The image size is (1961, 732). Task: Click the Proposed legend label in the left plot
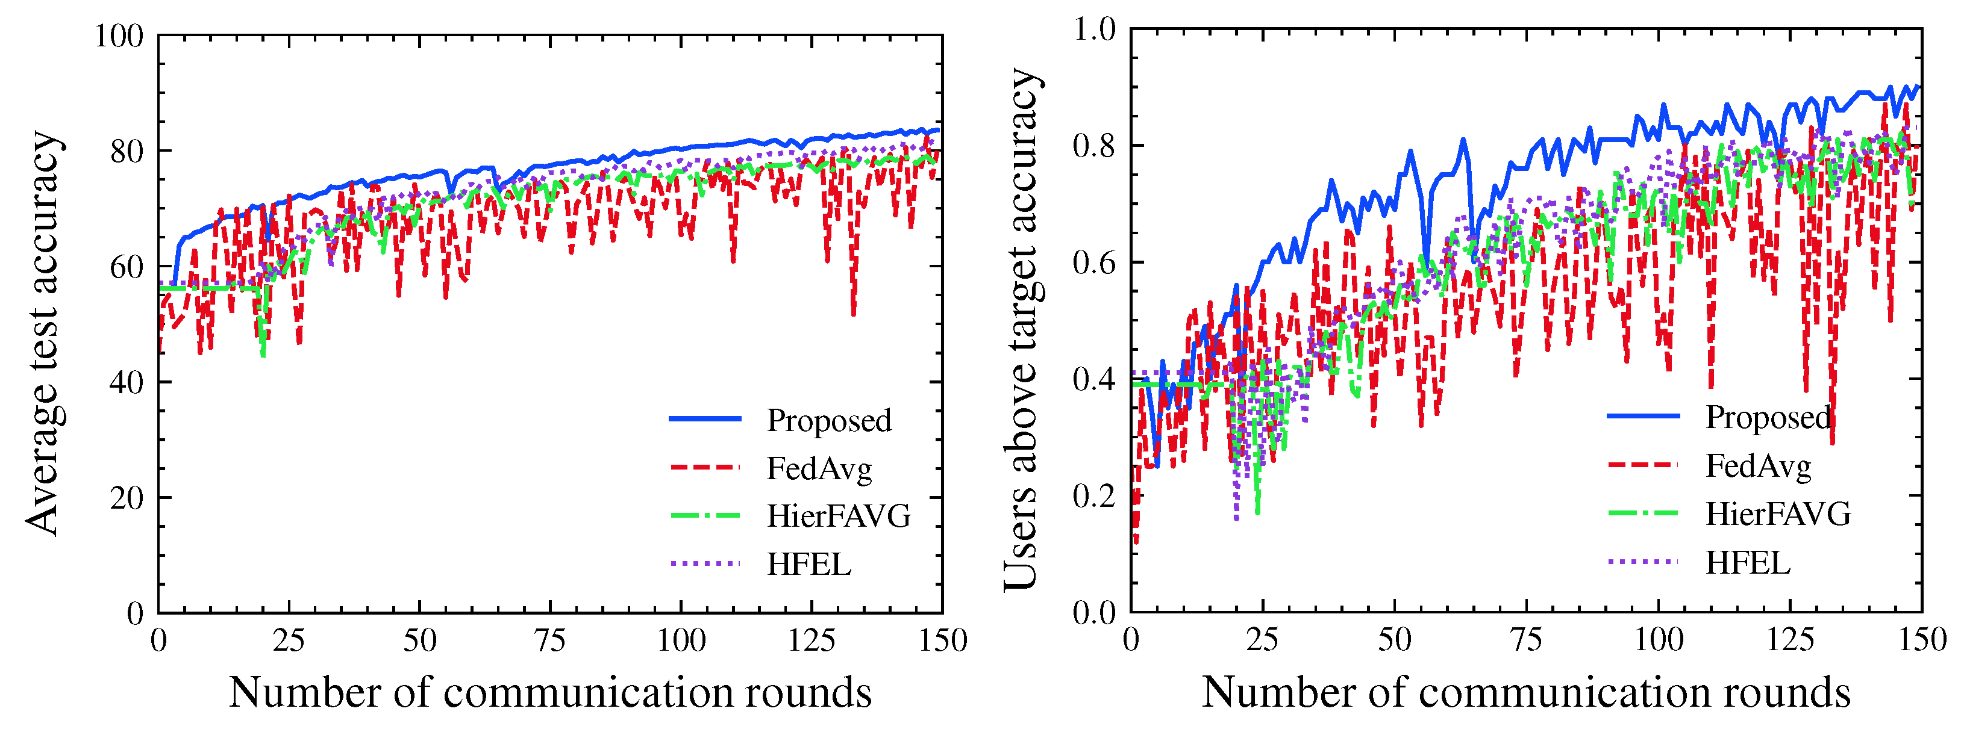pos(828,421)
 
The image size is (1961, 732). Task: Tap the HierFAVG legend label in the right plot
pos(1777,514)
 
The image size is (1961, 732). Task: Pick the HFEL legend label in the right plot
pos(1748,563)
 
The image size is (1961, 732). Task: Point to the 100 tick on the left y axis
pos(119,36)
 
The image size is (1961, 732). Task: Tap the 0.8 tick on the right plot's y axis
pos(1093,145)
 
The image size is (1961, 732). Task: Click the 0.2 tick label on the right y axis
pos(1093,496)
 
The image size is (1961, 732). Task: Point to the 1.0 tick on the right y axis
pos(1093,29)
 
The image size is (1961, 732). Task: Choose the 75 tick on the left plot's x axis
pos(549,640)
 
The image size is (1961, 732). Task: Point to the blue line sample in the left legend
pos(705,418)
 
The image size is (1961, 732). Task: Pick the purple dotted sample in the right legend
pos(1643,562)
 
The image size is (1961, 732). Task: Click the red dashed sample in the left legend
pos(705,467)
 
